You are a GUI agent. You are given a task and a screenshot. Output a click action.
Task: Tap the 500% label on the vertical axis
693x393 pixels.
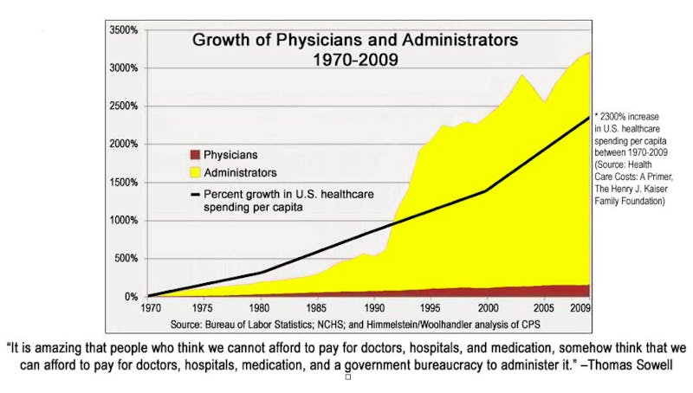coord(126,259)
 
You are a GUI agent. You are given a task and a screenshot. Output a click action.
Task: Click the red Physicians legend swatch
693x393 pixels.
coord(195,155)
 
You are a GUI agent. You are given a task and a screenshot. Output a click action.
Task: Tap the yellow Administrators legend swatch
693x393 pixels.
coord(195,173)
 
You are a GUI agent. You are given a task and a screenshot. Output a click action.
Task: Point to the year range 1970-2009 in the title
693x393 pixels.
coord(356,60)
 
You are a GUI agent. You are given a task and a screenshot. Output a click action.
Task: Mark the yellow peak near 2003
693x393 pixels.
coord(521,75)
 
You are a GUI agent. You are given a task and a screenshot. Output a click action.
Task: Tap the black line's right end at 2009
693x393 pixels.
coord(589,118)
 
